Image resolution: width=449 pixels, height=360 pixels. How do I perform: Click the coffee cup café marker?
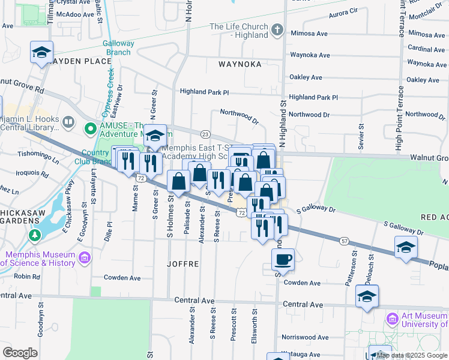283,260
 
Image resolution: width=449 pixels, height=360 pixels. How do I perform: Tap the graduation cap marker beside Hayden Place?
41,53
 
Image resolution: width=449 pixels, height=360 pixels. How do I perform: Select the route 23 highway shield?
205,134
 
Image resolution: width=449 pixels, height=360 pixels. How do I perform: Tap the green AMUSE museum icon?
91,128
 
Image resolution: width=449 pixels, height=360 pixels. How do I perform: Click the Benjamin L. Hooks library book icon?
69,122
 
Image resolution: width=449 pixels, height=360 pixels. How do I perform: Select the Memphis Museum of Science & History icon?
85,257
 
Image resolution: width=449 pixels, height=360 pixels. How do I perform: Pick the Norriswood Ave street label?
306,337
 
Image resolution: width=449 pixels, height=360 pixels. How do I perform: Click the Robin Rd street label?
27,277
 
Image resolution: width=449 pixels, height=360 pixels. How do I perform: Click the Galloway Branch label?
118,47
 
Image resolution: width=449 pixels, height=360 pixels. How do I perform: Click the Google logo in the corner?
20,352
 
